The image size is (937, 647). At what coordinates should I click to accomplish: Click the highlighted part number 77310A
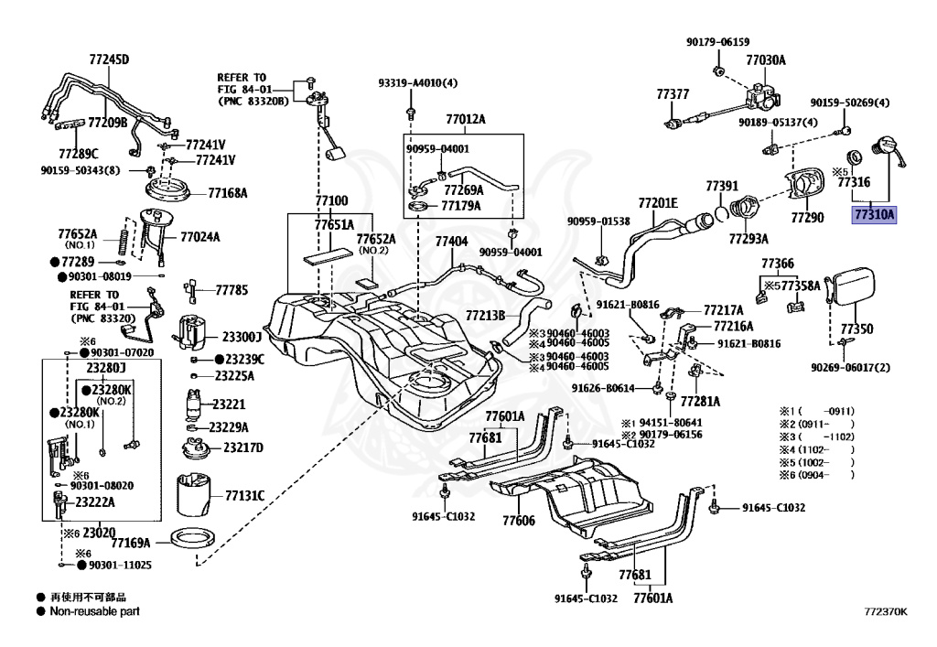click(875, 215)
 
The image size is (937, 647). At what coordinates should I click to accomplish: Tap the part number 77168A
click(228, 193)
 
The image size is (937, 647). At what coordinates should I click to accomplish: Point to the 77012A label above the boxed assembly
click(466, 120)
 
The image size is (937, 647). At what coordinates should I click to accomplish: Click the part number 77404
click(451, 242)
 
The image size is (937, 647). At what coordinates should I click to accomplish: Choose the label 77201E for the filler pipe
click(657, 202)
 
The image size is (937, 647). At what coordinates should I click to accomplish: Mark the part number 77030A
click(765, 60)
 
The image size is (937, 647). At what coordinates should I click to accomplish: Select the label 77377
click(673, 94)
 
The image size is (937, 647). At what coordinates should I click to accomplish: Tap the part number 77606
click(518, 521)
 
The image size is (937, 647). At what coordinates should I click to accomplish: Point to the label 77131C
click(244, 495)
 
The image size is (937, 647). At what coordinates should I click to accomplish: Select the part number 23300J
click(242, 336)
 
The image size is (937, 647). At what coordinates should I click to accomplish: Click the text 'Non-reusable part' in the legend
click(95, 610)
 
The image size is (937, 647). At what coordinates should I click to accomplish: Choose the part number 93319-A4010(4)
click(418, 83)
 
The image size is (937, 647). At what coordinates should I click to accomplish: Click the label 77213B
click(485, 316)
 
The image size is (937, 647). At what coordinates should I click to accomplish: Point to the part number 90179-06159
click(718, 42)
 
